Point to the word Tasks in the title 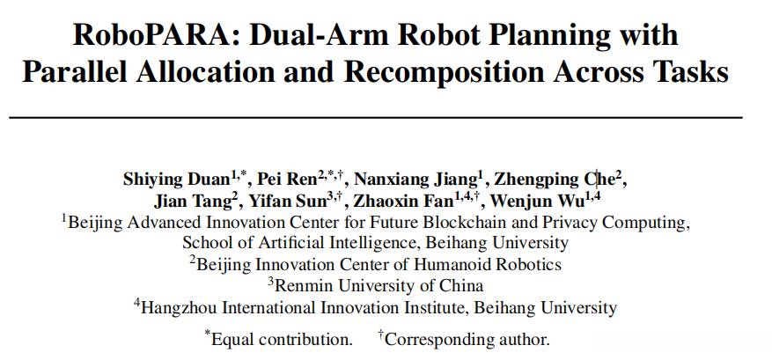690,72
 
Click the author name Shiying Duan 177,180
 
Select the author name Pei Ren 288,179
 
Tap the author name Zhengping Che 555,180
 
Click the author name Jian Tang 192,202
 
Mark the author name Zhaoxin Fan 403,201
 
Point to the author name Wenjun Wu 537,202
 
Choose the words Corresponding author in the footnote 467,340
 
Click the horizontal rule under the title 376,118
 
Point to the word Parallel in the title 76,72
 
